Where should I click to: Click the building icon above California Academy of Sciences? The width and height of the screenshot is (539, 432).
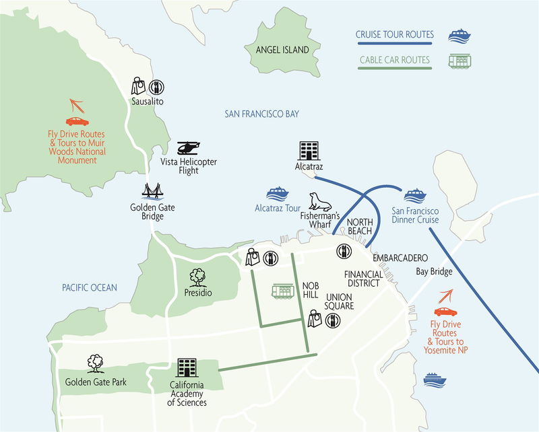pos(187,367)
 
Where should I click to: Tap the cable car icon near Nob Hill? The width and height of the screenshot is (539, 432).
pos(282,291)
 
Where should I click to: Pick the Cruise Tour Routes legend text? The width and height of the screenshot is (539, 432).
pos(395,34)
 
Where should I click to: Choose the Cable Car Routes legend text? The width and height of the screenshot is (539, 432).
pos(395,60)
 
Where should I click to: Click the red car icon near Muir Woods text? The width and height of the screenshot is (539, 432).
pos(77,122)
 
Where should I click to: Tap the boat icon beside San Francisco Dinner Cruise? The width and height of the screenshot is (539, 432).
pos(415,194)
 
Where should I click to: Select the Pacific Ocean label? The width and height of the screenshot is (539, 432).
pos(89,287)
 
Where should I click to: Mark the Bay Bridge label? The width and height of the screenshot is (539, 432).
pos(432,271)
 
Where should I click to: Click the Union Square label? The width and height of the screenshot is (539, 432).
pos(340,301)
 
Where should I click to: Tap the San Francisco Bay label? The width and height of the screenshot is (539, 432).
pos(261,114)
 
